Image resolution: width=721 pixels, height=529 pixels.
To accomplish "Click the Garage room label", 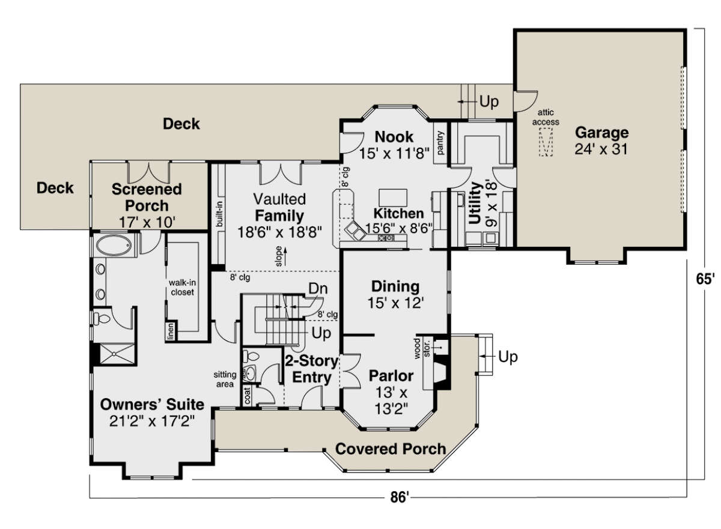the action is click(601, 133).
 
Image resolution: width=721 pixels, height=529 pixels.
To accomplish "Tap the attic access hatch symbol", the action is click(546, 142).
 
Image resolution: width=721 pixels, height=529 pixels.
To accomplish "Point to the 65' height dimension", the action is click(705, 279).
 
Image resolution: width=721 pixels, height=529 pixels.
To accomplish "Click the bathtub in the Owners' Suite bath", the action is click(114, 246).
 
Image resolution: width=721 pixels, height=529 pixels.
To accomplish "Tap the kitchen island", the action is click(393, 198).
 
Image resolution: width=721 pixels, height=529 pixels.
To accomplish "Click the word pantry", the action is click(440, 142).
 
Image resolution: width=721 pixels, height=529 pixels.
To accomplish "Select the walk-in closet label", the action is click(182, 287).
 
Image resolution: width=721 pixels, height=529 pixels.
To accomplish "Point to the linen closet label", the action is click(171, 331).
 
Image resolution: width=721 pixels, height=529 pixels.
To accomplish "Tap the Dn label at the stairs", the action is click(318, 288).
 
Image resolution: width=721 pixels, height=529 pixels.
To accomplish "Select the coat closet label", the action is click(247, 395).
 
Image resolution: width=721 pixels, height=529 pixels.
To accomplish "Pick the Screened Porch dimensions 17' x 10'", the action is click(147, 222).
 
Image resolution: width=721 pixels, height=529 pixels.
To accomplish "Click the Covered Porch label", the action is click(391, 449).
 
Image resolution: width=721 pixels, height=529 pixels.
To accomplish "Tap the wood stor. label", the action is click(422, 348).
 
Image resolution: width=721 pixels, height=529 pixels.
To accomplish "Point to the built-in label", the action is click(220, 214).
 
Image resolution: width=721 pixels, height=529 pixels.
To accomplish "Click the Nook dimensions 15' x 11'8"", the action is click(394, 153).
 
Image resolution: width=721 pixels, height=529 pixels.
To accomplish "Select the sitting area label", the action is click(225, 379).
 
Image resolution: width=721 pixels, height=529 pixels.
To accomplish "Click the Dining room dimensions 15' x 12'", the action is click(395, 303).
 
